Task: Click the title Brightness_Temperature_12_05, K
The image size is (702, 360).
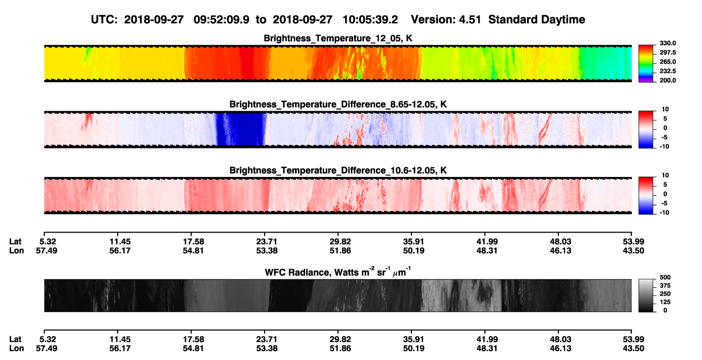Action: point(338,38)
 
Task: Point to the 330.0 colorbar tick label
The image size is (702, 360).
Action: point(667,43)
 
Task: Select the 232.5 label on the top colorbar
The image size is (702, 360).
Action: point(667,71)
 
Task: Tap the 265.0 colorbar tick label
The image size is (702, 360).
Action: point(667,62)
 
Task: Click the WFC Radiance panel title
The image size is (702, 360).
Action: point(338,271)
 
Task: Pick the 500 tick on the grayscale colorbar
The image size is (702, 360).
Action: point(665,277)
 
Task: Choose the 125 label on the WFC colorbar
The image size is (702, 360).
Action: point(665,302)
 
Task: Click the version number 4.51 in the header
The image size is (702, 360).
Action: point(470,19)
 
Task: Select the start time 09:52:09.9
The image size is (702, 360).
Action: point(221,19)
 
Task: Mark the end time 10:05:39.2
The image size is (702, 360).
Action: point(370,19)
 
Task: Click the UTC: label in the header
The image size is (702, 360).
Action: point(104,19)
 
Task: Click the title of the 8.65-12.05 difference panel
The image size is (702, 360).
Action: point(338,104)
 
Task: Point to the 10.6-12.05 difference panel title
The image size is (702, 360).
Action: point(338,171)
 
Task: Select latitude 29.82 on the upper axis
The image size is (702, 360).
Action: point(340,242)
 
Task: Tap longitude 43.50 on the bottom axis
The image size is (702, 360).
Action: point(633,349)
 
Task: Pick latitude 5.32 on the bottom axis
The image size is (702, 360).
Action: point(48,339)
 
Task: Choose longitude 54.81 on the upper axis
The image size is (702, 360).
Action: point(193,250)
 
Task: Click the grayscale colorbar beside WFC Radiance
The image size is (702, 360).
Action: point(646,295)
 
